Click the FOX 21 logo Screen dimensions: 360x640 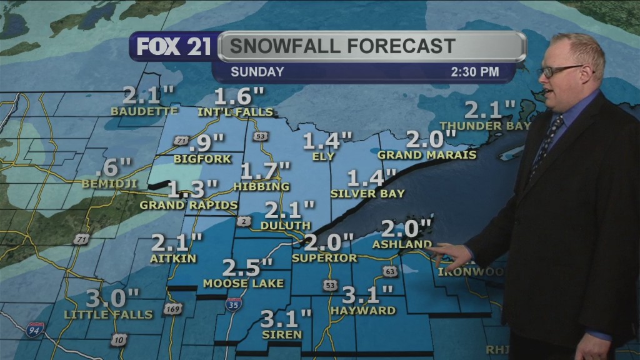coord(174,47)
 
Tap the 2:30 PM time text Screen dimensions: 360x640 coord(475,72)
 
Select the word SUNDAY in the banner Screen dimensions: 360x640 coord(257,72)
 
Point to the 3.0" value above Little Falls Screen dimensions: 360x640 coord(112,297)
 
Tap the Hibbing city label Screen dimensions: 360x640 coord(261,186)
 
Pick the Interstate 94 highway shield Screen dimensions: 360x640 coord(34,330)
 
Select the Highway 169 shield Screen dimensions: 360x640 coord(172,309)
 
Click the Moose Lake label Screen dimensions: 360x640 coord(243,283)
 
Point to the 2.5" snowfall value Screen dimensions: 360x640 coord(248,267)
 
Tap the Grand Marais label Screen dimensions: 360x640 coord(427,154)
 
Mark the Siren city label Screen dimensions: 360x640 coord(283,334)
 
